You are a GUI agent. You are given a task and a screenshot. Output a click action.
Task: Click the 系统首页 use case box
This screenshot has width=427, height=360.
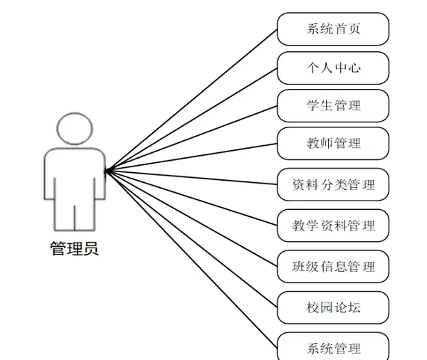333,29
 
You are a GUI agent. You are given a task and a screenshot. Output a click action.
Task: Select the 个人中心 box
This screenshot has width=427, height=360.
333,68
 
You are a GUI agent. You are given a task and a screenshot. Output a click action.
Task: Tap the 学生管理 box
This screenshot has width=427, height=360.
333,105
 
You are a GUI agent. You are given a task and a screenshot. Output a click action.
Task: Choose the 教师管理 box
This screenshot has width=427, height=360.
333,143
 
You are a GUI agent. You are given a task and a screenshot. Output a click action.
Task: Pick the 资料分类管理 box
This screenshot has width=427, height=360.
333,186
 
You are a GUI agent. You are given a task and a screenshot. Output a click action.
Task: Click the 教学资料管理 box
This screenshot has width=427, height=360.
333,226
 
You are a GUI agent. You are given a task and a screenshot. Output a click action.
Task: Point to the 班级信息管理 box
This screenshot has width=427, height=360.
333,267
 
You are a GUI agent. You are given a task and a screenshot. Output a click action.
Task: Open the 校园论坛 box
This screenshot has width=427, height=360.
333,307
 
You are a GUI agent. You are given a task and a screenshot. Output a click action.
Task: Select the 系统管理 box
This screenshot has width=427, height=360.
333,348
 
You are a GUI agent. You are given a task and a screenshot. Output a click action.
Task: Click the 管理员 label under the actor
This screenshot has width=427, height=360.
75,249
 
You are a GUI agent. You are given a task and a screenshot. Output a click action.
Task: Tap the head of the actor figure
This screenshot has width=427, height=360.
74,129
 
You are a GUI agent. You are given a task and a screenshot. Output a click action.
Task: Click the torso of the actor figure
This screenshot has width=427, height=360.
74,174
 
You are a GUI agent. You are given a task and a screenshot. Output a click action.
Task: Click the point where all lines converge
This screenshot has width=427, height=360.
106,171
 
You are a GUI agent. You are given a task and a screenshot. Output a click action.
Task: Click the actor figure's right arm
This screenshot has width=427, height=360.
97,178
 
